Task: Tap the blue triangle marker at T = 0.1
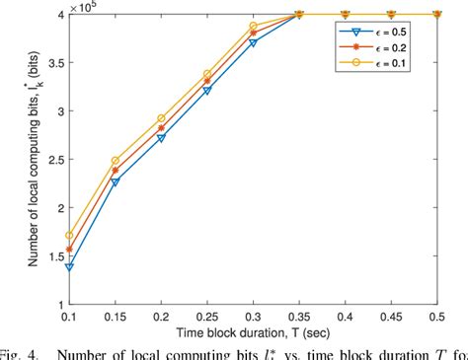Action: click(x=95, y=266)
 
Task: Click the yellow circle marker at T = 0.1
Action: click(x=95, y=236)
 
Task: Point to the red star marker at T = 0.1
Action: click(x=95, y=249)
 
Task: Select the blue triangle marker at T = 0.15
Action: click(x=145, y=182)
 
